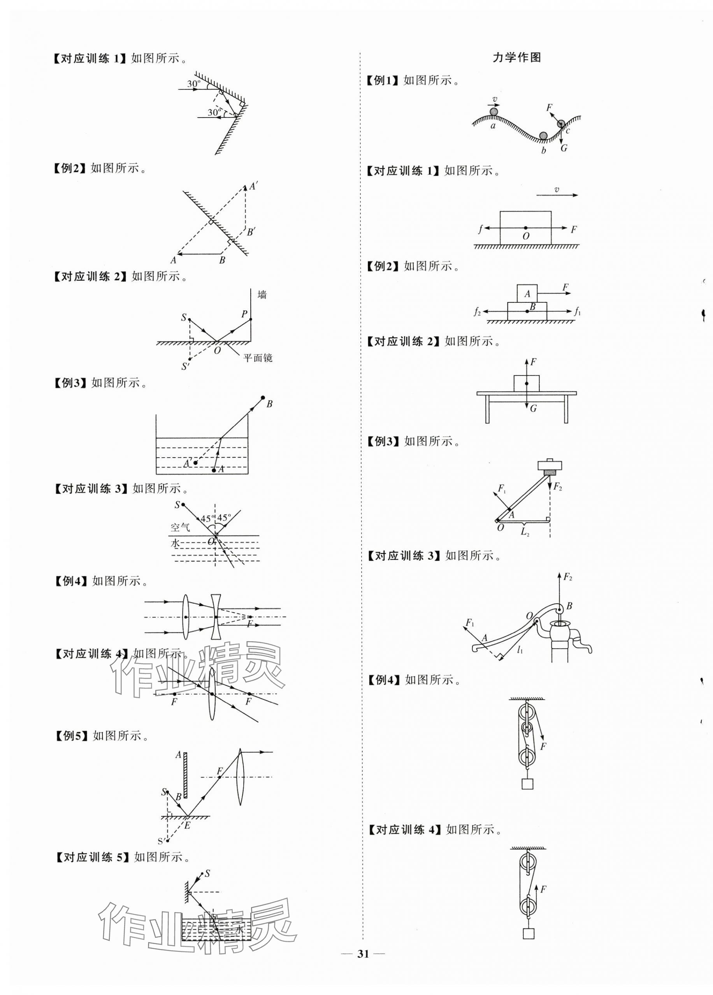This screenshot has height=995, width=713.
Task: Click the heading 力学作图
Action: coord(517,58)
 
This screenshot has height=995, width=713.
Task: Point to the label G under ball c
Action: coord(564,148)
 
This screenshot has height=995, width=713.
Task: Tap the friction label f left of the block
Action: coord(481,228)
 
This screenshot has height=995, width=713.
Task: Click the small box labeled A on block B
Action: coord(527,293)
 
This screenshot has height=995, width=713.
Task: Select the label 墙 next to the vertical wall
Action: coord(262,295)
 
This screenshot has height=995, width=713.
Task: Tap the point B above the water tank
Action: coord(263,397)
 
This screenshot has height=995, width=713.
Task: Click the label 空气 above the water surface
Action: coord(180,527)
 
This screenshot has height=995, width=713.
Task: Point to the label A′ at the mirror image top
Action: coord(253,186)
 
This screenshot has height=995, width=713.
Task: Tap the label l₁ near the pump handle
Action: coord(520,650)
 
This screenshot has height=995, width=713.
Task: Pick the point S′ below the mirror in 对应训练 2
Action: coord(186,365)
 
